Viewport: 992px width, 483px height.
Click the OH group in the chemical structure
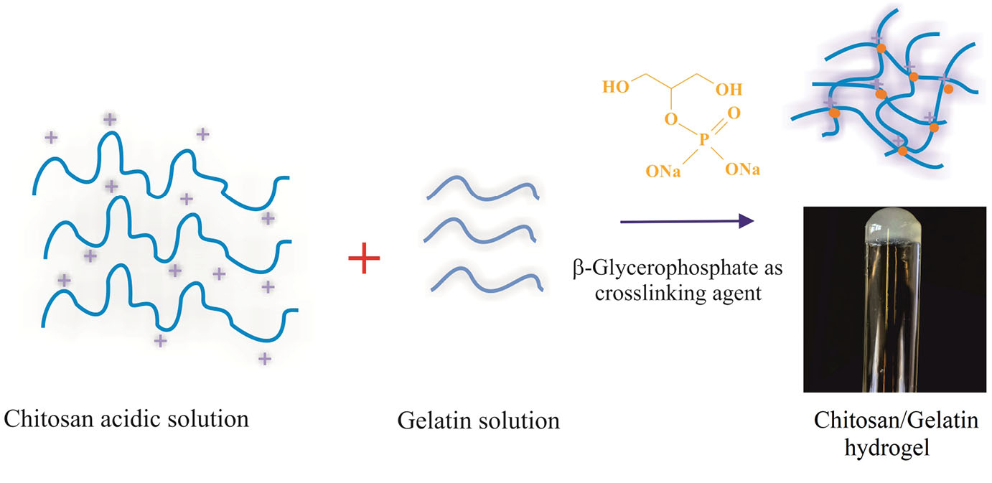[x=729, y=90]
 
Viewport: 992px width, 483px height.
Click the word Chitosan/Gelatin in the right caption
[x=895, y=420]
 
